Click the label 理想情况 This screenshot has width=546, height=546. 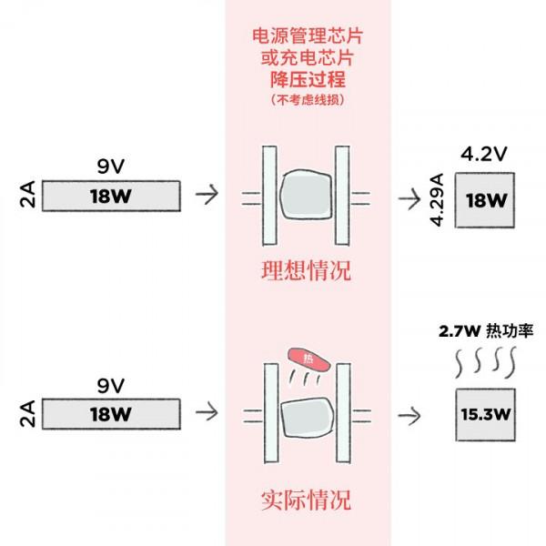click(306, 271)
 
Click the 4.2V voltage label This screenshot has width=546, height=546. click(483, 154)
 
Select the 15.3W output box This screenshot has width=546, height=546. click(483, 415)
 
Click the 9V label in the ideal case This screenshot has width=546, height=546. click(110, 167)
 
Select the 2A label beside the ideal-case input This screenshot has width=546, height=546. click(27, 197)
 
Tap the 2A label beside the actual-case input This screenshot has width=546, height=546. click(27, 415)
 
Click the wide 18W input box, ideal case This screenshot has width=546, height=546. click(110, 197)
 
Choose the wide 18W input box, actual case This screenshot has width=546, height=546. click(110, 415)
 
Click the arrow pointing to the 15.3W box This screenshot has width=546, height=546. click(411, 415)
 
